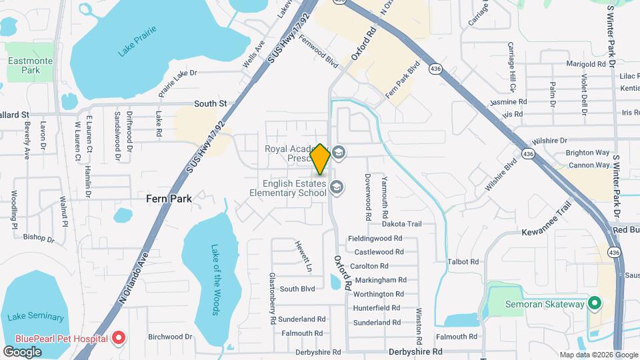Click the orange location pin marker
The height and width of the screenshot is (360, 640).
[320, 160]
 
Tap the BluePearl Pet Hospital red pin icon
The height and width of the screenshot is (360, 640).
[119, 338]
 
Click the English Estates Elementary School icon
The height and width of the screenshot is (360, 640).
[337, 187]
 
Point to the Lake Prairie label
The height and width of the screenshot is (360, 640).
[137, 41]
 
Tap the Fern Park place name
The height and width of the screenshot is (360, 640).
[169, 199]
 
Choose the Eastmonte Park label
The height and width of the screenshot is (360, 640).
[25, 65]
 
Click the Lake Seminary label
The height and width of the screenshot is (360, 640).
[37, 317]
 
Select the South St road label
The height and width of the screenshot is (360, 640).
[211, 103]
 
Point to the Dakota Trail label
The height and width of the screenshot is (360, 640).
[403, 224]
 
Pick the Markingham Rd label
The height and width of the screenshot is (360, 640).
[380, 280]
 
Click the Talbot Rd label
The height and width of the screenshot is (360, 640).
[463, 262]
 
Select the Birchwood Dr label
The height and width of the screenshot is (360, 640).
[170, 337]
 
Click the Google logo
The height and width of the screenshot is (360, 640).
[23, 351]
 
